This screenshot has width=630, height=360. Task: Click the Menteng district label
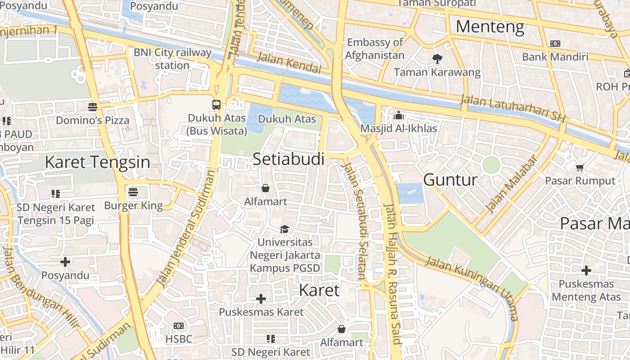click(x=490, y=27)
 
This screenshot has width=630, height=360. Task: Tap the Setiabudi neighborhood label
click(x=288, y=159)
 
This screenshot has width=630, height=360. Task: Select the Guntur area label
click(x=450, y=180)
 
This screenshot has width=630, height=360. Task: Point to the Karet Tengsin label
click(x=97, y=162)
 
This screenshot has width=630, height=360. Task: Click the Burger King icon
click(x=133, y=192)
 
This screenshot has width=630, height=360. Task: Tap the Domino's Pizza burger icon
click(x=93, y=107)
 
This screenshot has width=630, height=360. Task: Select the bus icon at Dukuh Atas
click(x=216, y=105)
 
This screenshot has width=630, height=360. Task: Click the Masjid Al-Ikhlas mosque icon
click(x=398, y=115)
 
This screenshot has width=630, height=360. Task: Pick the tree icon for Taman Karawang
click(x=437, y=58)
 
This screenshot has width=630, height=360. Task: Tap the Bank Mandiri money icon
click(x=555, y=44)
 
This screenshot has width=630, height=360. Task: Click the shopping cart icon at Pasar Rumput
click(x=580, y=167)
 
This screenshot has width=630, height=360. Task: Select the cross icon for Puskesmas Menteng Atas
click(x=586, y=270)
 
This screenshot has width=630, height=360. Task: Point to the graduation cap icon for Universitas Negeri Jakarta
click(x=284, y=229)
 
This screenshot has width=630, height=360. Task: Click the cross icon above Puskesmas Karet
click(x=261, y=298)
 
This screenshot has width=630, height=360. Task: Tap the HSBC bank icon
click(x=179, y=326)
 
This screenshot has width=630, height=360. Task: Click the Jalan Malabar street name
click(x=512, y=184)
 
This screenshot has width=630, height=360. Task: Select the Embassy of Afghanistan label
click(x=375, y=49)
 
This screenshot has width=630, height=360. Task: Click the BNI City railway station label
click(x=172, y=58)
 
